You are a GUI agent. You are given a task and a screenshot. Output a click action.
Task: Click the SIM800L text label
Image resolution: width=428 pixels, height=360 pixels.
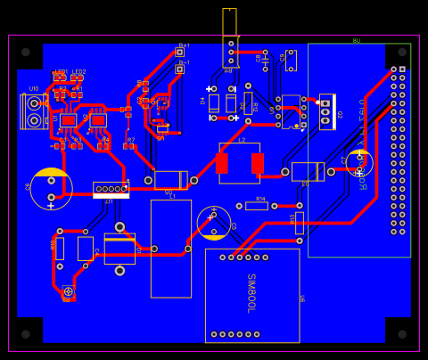[251, 293]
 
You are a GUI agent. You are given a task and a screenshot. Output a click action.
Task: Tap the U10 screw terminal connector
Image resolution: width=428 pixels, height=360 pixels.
[34, 111]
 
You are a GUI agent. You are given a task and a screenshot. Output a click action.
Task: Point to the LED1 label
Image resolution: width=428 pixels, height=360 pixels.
[61, 72]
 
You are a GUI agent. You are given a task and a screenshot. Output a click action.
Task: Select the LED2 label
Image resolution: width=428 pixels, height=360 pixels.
[79, 72]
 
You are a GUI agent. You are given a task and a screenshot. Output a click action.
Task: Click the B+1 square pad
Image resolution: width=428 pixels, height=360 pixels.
[179, 53]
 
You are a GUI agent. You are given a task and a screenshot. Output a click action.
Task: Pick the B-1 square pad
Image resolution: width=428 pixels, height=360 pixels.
[179, 69]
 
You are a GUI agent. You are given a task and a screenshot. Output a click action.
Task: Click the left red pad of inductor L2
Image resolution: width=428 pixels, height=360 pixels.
[222, 163]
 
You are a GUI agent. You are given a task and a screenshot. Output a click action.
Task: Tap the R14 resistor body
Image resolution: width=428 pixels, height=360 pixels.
[257, 206]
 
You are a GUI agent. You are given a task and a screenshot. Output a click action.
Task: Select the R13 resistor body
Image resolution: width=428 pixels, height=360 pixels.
[300, 223]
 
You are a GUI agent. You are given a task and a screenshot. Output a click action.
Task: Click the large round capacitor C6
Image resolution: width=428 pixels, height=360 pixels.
[51, 188]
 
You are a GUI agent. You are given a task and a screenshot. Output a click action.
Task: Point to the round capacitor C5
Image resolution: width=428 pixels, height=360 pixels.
[214, 223]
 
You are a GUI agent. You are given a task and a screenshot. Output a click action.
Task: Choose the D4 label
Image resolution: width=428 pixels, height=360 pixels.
[202, 101]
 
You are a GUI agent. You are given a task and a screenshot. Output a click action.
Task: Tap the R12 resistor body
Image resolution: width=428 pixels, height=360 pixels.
[248, 102]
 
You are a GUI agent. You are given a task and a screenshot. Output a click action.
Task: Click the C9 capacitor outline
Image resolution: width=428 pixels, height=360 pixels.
[291, 61]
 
